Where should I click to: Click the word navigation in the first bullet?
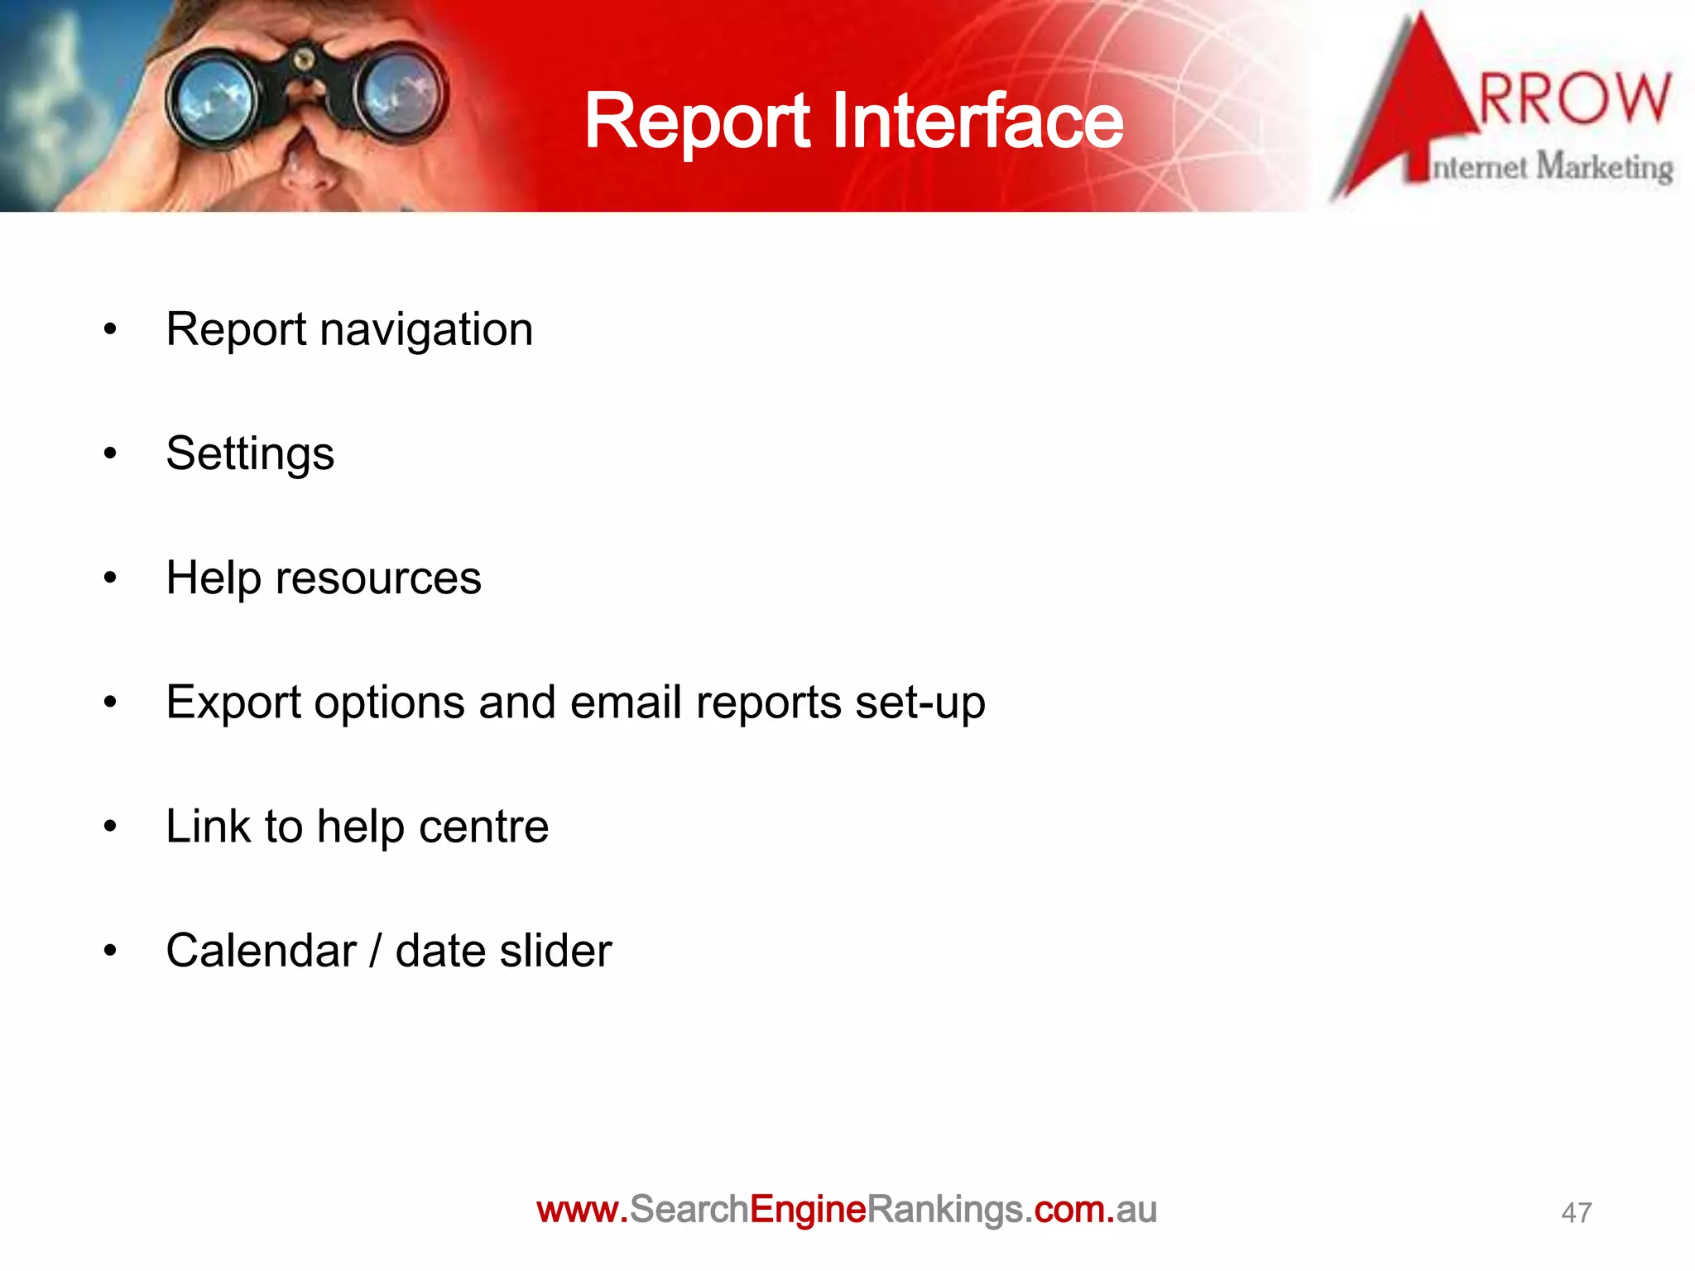click(426, 330)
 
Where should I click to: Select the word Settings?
click(250, 454)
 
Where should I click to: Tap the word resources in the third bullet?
click(378, 578)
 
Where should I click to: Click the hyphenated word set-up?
click(920, 703)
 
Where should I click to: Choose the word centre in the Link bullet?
click(483, 827)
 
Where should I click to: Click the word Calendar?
click(261, 950)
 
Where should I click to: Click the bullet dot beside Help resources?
click(110, 578)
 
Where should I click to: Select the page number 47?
click(1576, 1213)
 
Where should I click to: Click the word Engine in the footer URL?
click(808, 1210)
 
